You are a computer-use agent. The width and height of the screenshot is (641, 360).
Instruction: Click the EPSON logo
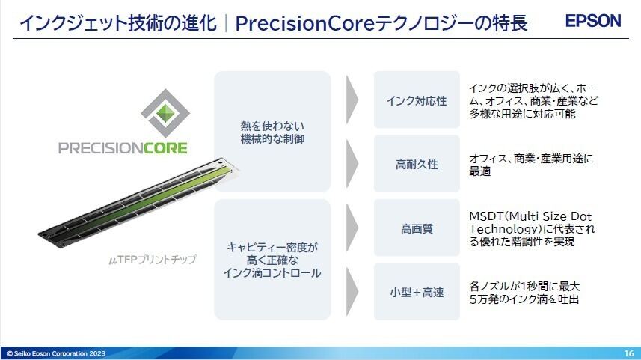tap(593, 20)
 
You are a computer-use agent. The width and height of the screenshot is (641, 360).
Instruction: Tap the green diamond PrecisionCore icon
tap(165, 113)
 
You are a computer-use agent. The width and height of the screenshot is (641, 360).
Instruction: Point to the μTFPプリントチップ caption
tap(153, 260)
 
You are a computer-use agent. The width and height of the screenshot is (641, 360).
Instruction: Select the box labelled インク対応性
tap(417, 100)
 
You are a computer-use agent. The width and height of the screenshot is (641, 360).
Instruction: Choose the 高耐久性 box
tap(417, 164)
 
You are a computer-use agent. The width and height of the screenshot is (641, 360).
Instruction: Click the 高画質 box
tap(417, 228)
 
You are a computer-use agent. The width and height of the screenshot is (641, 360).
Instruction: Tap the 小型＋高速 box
tap(417, 292)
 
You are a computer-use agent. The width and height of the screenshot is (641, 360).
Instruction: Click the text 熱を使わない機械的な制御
tap(272, 132)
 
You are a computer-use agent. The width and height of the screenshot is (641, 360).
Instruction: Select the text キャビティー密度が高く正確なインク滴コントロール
tap(272, 260)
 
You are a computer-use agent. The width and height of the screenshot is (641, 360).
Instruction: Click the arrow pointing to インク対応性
tap(352, 100)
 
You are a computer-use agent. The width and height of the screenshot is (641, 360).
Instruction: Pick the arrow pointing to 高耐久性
tap(352, 164)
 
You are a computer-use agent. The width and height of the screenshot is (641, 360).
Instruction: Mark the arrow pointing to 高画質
tap(352, 228)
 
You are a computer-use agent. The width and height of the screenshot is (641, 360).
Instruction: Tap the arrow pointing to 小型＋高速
tap(352, 292)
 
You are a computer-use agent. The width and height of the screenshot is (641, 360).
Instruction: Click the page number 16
tap(629, 353)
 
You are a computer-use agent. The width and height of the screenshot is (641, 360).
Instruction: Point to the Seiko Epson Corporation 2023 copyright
tap(56, 353)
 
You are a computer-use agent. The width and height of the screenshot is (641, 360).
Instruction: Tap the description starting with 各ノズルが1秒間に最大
tap(524, 293)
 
